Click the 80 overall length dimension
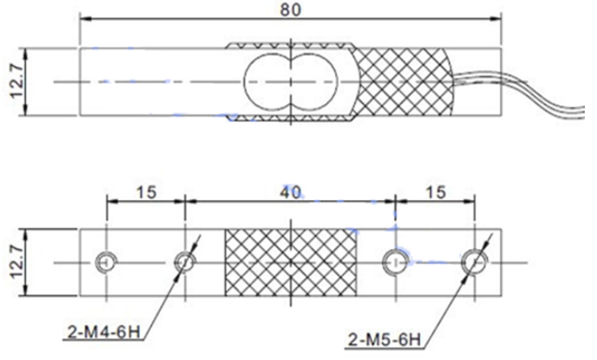290,9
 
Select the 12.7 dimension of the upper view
17,81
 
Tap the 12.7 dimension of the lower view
17,262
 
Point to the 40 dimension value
290,192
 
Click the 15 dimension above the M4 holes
147,192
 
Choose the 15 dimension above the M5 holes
435,192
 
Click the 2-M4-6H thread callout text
104,332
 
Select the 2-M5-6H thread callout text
385,339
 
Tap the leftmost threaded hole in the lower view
107,262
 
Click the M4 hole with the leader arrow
185,262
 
